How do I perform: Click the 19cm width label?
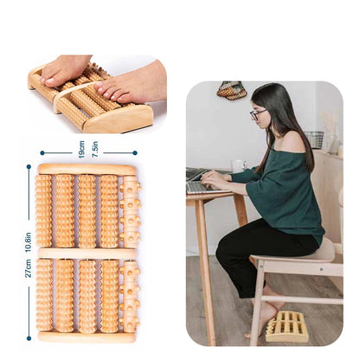click(81, 149)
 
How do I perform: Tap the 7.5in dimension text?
click(94, 149)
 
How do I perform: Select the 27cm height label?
click(28, 267)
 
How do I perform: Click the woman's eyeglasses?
click(258, 113)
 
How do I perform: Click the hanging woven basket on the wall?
click(231, 90)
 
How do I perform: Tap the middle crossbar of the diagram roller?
click(87, 253)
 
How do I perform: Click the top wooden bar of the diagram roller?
click(87, 170)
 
